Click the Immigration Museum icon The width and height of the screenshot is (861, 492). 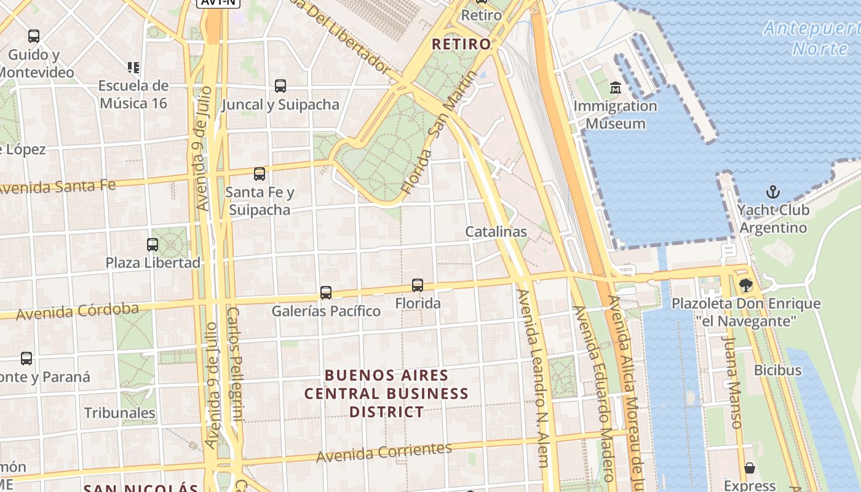[616, 88]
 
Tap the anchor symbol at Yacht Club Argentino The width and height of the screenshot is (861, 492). [773, 192]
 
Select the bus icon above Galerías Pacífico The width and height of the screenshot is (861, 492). [326, 293]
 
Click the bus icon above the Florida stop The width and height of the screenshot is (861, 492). [418, 285]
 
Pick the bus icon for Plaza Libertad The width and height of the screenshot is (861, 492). [153, 245]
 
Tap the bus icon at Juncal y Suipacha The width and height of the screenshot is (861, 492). [280, 86]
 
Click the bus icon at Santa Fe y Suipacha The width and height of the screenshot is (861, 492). [260, 174]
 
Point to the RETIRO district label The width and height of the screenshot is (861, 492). [461, 44]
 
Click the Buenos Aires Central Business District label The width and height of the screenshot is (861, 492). [387, 394]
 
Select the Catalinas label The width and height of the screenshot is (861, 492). [496, 232]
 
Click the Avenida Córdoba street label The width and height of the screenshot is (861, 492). [77, 311]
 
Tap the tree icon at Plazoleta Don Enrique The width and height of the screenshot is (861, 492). [746, 285]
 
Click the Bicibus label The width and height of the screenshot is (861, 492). [778, 370]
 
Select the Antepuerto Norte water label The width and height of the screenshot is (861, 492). [812, 38]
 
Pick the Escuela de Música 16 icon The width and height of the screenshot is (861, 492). [133, 67]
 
